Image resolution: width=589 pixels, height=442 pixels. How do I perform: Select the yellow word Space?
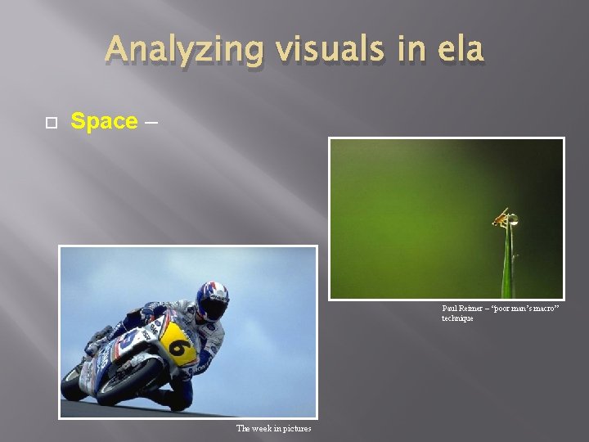pos(104,121)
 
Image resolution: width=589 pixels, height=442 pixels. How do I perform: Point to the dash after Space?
pos(150,122)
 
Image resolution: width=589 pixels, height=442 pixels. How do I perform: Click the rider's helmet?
pos(212,300)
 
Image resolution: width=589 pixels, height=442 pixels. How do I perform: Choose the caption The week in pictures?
pos(273,428)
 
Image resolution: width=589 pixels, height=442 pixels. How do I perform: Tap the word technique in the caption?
pos(457,318)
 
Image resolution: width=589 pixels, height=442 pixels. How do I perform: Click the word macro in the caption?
pos(539,309)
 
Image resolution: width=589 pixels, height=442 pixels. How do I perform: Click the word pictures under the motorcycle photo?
pos(295,428)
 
